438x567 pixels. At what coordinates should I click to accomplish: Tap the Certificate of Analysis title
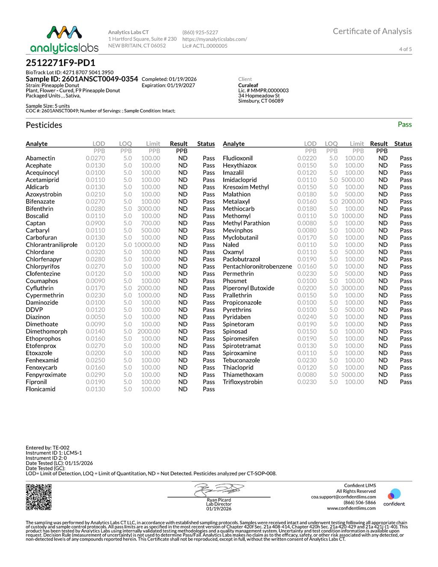click(x=372, y=31)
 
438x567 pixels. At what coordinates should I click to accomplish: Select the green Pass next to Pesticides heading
click(x=404, y=125)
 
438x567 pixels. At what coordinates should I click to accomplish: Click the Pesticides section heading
click(x=44, y=125)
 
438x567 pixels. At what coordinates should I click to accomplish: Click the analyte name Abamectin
click(x=40, y=158)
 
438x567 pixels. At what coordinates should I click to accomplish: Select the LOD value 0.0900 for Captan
click(x=95, y=223)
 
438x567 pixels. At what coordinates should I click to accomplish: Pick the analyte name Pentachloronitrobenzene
click(x=257, y=267)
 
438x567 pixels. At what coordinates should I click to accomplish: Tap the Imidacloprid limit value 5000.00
click(x=352, y=180)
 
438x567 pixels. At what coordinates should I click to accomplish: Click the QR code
click(x=39, y=497)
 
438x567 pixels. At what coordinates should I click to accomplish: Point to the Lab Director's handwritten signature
click(x=219, y=490)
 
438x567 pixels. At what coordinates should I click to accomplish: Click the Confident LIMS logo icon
click(x=394, y=495)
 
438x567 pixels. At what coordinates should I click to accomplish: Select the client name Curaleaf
click(x=248, y=85)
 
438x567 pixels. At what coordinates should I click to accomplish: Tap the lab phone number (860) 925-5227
click(x=200, y=33)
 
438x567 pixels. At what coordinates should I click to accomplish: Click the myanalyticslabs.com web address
click(x=214, y=39)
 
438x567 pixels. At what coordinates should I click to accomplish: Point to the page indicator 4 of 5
click(x=405, y=49)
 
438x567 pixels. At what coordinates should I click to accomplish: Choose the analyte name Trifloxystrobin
click(x=243, y=382)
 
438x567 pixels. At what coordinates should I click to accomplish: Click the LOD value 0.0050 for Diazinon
click(x=95, y=317)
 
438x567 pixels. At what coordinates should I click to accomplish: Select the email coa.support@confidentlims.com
click(x=343, y=497)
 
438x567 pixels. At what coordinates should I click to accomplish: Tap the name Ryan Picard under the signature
click(x=219, y=500)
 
